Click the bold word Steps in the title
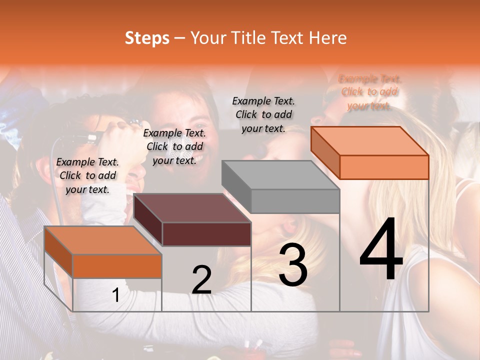(x=147, y=38)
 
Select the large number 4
(x=381, y=250)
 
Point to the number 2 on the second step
(x=201, y=280)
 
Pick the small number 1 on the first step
(x=116, y=295)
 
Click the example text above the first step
(x=87, y=175)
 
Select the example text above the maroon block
(x=174, y=146)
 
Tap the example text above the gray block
(x=263, y=114)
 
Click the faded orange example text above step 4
(x=369, y=92)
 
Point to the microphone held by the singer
(x=85, y=137)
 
